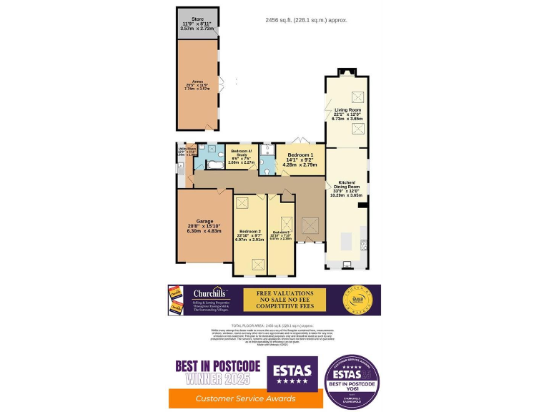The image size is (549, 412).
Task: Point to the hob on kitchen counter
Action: [x=364, y=245]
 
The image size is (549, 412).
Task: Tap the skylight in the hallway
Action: [x=310, y=228]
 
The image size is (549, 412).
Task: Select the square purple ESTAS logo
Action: [x=292, y=373]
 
